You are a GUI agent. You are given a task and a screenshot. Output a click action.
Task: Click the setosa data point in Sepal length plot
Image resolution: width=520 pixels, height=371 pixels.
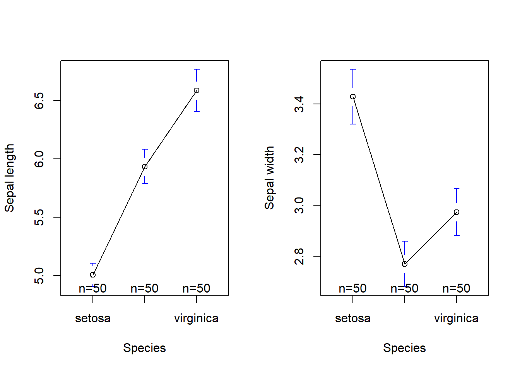pyautogui.click(x=93, y=275)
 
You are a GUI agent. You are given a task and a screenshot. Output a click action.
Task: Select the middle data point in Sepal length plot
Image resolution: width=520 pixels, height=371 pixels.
pyautogui.click(x=145, y=167)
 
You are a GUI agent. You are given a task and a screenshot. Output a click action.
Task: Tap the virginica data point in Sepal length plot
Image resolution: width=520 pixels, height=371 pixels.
pyautogui.click(x=197, y=90)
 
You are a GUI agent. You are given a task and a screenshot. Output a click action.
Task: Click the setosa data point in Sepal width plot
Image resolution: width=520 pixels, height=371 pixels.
pyautogui.click(x=353, y=97)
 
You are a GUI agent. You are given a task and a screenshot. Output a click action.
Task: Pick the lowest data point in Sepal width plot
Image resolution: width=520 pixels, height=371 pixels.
pyautogui.click(x=405, y=264)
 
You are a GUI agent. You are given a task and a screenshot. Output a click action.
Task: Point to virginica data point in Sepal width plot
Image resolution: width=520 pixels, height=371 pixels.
pyautogui.click(x=457, y=212)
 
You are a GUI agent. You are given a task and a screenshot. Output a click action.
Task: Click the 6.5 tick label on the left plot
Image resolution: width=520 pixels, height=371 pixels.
pyautogui.click(x=39, y=100)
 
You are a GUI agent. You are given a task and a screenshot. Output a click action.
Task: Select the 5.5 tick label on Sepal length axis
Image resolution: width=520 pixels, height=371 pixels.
pyautogui.click(x=39, y=217)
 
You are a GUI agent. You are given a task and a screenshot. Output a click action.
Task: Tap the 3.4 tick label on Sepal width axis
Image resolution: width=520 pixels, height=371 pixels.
pyautogui.click(x=299, y=104)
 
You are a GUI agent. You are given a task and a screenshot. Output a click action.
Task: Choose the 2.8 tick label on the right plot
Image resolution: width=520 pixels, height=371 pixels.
pyautogui.click(x=299, y=256)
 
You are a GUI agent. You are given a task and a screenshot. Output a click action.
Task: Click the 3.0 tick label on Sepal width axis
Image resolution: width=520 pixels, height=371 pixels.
pyautogui.click(x=299, y=205)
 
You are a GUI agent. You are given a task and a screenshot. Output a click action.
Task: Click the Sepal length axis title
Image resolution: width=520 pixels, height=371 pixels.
pyautogui.click(x=9, y=178)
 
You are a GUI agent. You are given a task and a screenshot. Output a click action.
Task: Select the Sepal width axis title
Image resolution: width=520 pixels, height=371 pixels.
pyautogui.click(x=269, y=178)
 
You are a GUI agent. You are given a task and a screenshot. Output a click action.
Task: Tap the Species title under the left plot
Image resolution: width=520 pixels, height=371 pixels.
pyautogui.click(x=144, y=348)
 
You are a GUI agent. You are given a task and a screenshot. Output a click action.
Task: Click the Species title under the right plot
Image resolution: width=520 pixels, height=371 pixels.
pyautogui.click(x=404, y=348)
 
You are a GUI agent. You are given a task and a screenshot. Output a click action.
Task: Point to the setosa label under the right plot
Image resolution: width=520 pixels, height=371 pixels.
pyautogui.click(x=352, y=318)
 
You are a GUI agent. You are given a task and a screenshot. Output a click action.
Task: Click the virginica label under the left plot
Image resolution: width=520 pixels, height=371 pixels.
pyautogui.click(x=196, y=318)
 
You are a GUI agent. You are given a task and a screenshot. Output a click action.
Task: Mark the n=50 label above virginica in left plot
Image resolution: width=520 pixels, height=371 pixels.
pyautogui.click(x=196, y=288)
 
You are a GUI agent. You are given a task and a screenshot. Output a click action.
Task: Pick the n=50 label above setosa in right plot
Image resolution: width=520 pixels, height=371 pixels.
pyautogui.click(x=352, y=288)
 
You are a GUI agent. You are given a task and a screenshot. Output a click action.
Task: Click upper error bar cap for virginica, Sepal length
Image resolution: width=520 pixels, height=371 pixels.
pyautogui.click(x=197, y=69)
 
